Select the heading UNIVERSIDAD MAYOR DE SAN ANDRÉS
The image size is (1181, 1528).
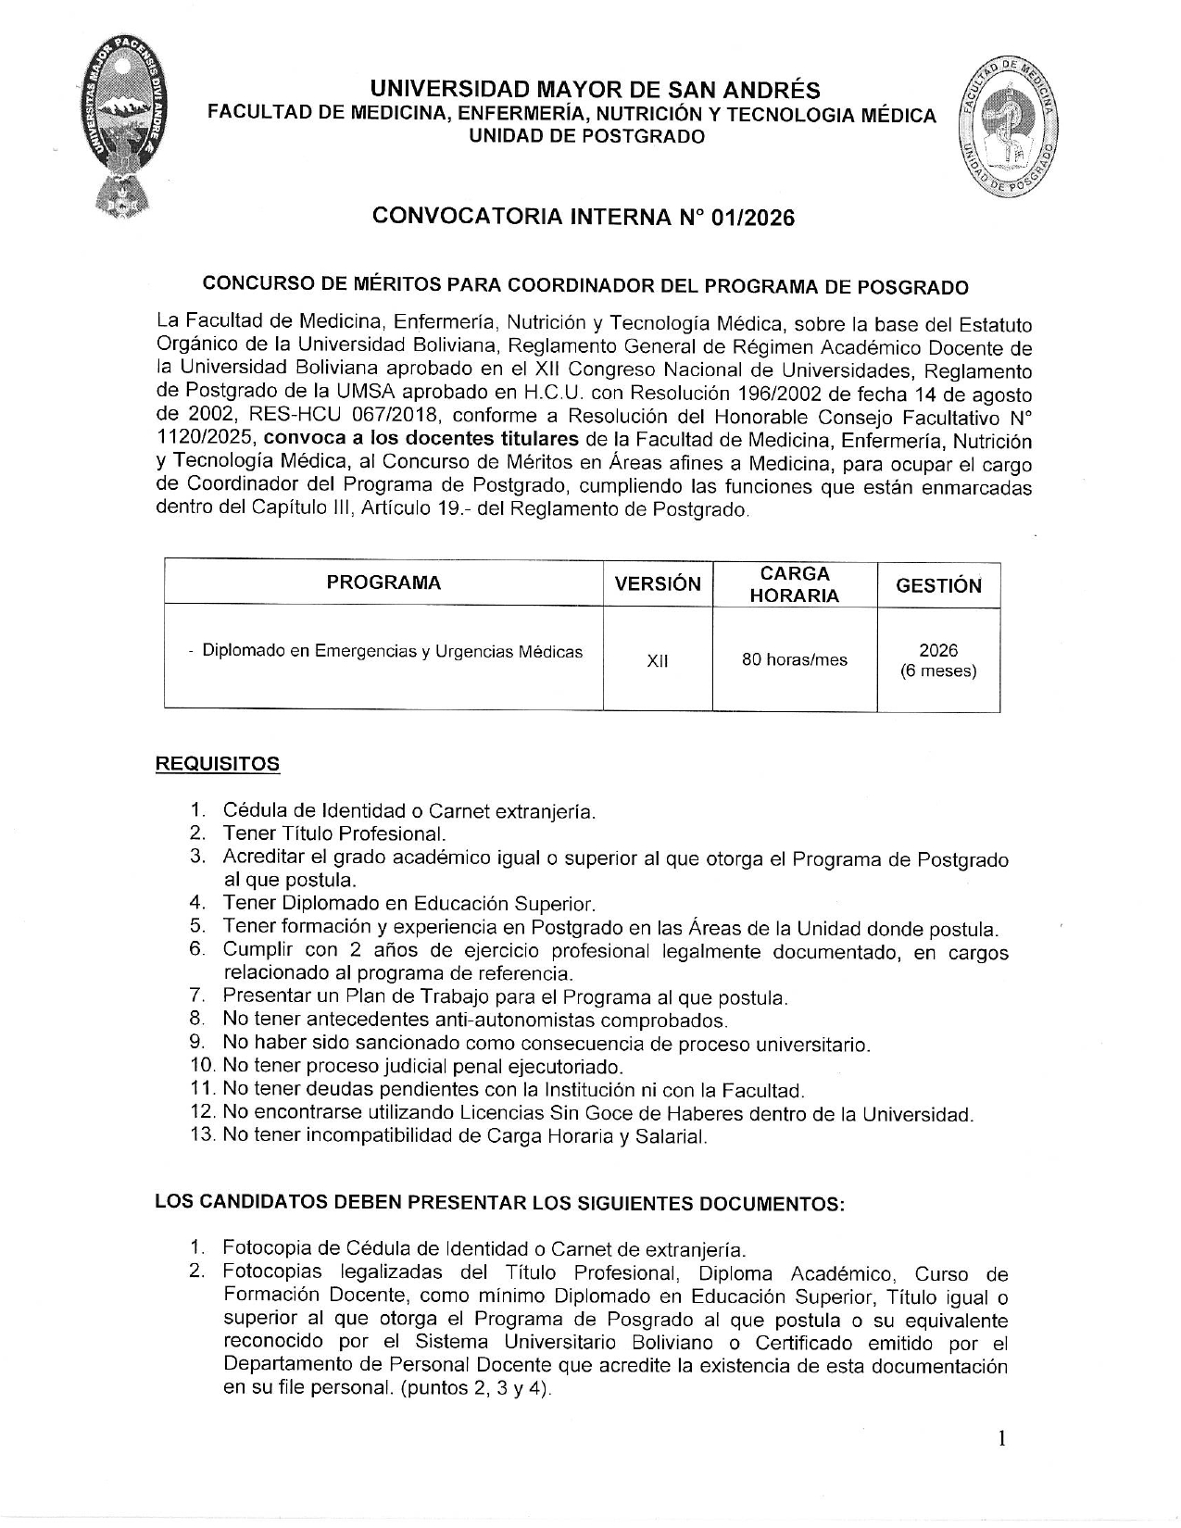(x=595, y=90)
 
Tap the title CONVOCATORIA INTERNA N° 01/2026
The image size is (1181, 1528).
(x=583, y=217)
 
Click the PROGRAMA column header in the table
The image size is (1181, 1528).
(x=383, y=582)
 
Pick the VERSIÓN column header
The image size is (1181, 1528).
(x=658, y=583)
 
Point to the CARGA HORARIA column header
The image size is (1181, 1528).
(x=794, y=584)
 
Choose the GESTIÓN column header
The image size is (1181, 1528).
(x=938, y=585)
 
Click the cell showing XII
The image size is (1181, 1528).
(x=658, y=661)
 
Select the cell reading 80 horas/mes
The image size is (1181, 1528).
(x=794, y=660)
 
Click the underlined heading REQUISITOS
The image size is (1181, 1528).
(x=217, y=764)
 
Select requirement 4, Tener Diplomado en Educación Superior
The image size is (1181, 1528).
(x=408, y=903)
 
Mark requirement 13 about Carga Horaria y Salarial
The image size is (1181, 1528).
(x=464, y=1136)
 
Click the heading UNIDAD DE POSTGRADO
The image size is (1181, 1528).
(x=587, y=137)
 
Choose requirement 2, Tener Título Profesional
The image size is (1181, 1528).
(x=333, y=833)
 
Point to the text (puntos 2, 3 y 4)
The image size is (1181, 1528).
(x=477, y=1388)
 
